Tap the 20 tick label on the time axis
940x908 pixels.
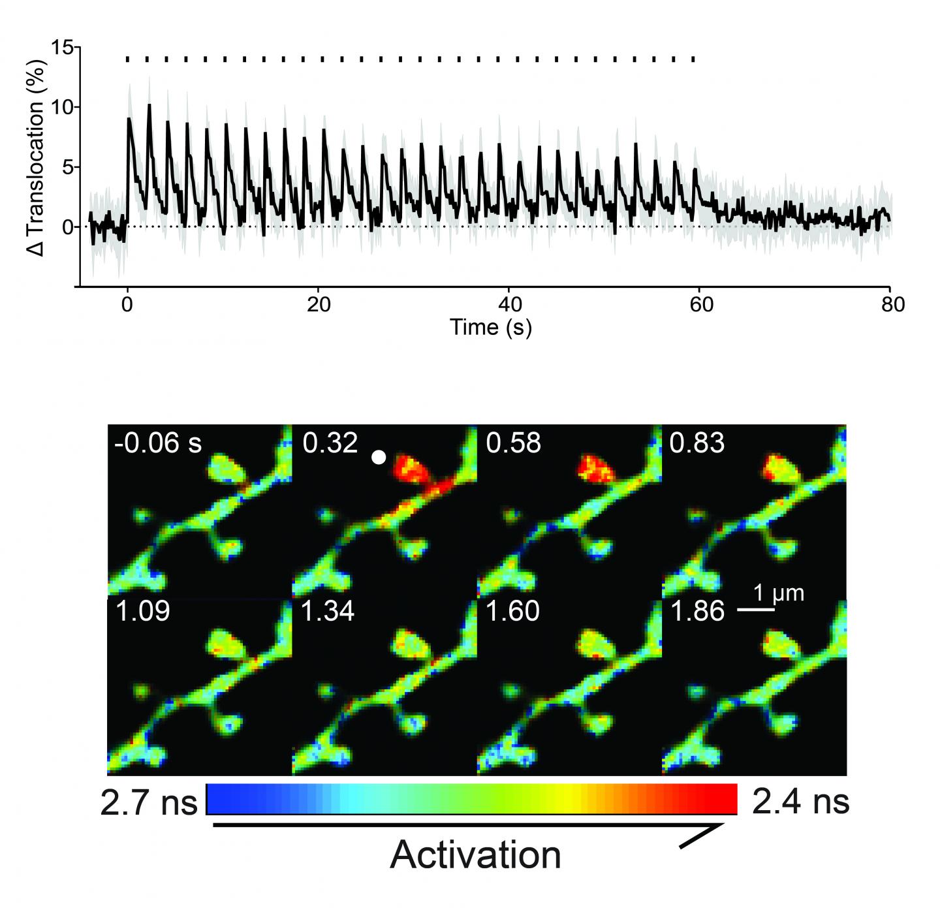[318, 305]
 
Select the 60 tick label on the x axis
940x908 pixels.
[702, 305]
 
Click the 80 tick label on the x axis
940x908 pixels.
[891, 305]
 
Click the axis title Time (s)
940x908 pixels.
[490, 326]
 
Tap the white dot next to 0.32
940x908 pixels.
[378, 458]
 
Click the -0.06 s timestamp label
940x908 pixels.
[158, 443]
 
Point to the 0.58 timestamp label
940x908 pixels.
[514, 443]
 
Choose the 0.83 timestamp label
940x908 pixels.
[697, 443]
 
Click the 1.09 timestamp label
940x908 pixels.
[143, 612]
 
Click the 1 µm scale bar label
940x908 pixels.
[779, 593]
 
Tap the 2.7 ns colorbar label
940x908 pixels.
[149, 802]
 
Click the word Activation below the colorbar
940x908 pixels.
[475, 854]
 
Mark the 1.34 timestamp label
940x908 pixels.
[328, 612]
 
